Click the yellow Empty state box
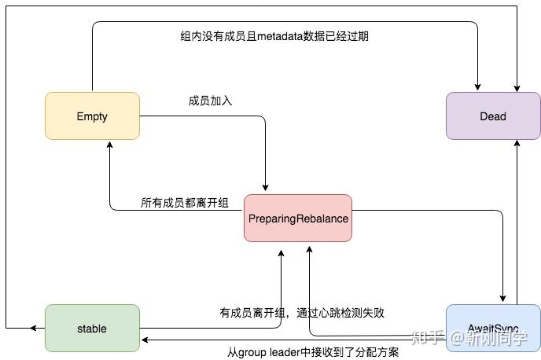tap(92, 116)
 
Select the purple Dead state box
tap(493, 116)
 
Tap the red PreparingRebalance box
tap(297, 218)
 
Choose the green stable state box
tap(92, 328)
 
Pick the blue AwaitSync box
tap(493, 328)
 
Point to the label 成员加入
tap(210, 101)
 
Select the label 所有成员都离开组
tap(184, 204)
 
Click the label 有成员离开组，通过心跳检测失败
tap(302, 312)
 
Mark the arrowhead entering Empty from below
tap(109, 146)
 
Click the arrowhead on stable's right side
tap(145, 340)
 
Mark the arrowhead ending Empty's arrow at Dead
tap(477, 86)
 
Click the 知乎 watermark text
tap(427, 339)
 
